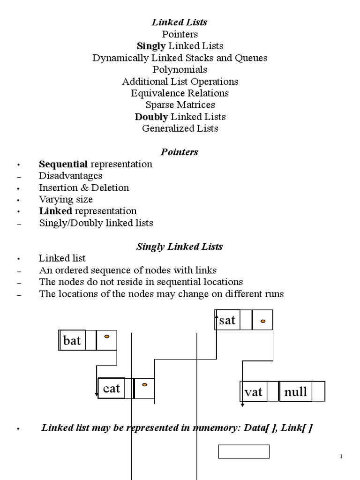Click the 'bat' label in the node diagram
click(72, 340)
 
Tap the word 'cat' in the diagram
click(112, 389)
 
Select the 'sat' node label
click(227, 320)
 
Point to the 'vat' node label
click(254, 392)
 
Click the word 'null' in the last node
click(295, 391)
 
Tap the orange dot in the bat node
click(106, 337)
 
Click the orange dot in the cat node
click(144, 385)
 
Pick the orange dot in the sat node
click(262, 321)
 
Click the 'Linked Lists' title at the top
click(180, 22)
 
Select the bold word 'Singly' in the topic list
click(151, 46)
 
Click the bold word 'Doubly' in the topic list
click(151, 117)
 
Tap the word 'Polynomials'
click(180, 69)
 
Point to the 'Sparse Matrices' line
click(180, 105)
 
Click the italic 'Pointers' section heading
click(180, 152)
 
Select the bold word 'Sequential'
click(63, 164)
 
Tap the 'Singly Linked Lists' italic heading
click(180, 247)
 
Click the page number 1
click(341, 457)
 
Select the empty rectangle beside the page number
click(244, 445)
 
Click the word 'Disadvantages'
click(70, 176)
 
